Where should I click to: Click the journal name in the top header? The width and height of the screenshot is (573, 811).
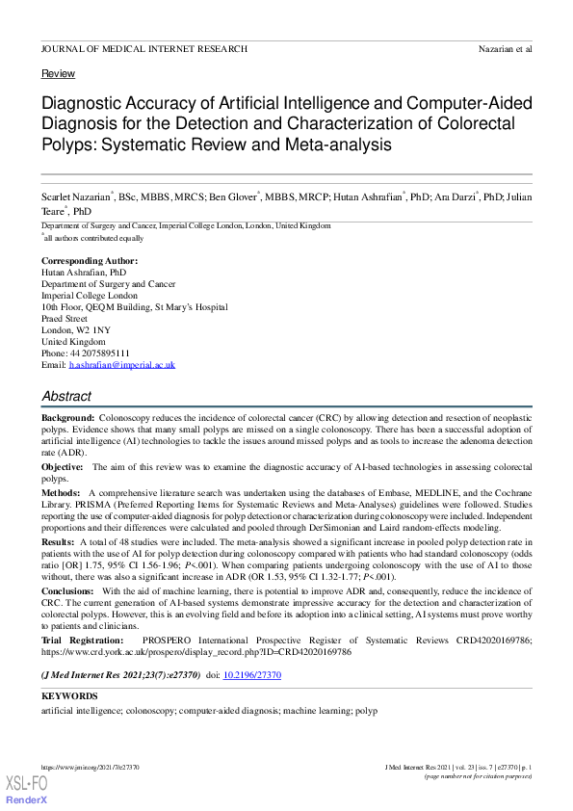tap(144, 48)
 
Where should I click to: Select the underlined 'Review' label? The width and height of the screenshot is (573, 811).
tap(59, 74)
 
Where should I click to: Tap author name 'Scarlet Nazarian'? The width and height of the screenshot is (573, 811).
tap(75, 197)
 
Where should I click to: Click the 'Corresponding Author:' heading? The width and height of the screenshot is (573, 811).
tap(90, 261)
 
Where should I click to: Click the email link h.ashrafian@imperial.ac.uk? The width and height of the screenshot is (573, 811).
tap(122, 365)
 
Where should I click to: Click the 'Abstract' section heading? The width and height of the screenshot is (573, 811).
tap(66, 396)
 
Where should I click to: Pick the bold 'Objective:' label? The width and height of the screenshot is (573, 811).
tap(63, 466)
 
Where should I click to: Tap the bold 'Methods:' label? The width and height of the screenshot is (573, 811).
tap(61, 492)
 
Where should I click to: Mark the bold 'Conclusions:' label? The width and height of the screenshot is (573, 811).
tap(68, 590)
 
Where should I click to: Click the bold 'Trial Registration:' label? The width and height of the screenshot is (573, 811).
tap(83, 640)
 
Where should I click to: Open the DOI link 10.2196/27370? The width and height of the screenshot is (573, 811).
tap(252, 676)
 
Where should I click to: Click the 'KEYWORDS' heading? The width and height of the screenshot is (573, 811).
tap(69, 695)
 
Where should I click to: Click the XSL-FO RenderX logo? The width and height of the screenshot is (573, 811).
tap(27, 789)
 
